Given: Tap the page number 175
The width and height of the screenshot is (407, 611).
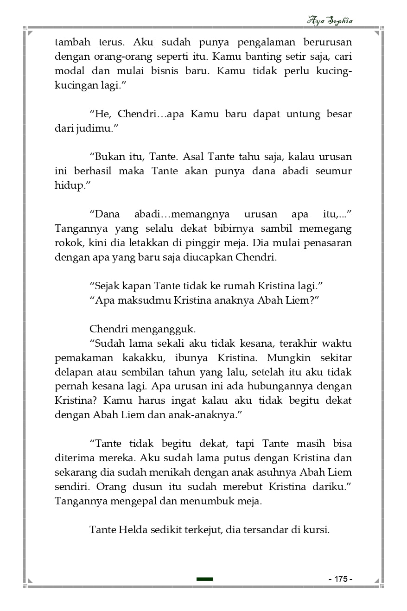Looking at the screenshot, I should click(x=340, y=579).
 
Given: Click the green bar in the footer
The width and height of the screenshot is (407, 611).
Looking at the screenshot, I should click(x=204, y=579).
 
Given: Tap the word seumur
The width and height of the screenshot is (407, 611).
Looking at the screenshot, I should click(x=333, y=171).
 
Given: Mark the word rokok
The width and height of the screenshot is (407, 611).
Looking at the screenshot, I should click(x=68, y=243).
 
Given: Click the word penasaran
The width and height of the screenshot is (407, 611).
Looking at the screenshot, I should click(x=328, y=243).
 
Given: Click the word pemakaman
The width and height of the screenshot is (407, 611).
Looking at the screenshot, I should click(x=80, y=358).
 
